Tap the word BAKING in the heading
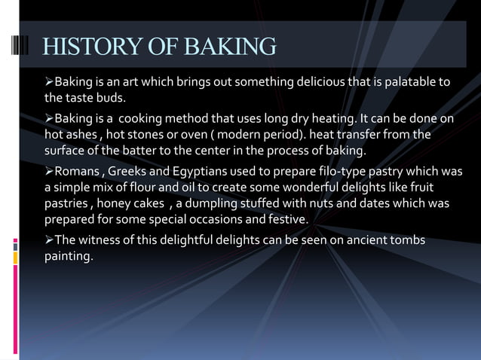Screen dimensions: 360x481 point(228,47)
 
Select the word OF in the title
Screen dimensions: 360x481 point(157,47)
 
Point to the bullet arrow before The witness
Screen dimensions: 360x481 point(49,239)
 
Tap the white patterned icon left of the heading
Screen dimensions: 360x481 point(21,46)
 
